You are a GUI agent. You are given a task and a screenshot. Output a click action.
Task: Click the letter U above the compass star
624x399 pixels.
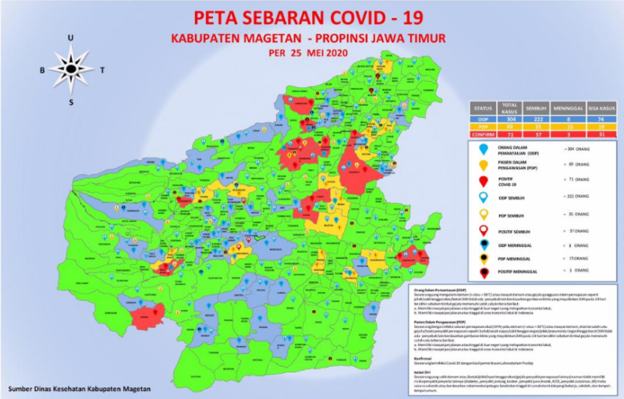tap(71, 37)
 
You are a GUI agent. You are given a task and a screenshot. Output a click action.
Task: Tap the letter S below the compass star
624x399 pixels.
tap(71, 102)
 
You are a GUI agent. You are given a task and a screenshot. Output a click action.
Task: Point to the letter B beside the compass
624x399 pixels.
tap(42, 69)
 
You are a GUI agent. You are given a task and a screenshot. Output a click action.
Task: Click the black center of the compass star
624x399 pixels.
tap(71, 69)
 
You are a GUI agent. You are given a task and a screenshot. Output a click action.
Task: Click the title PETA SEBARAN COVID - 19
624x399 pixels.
tap(322, 17)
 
